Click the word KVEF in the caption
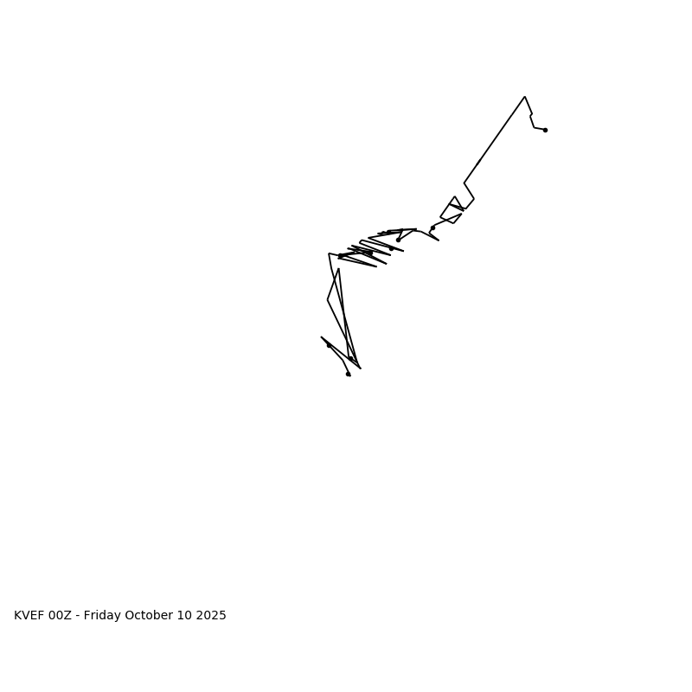coord(29,616)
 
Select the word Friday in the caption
coord(103,616)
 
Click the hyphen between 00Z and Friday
coord(78,616)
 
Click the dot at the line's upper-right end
coord(545,130)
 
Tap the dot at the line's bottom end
coord(348,374)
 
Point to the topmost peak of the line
coord(524,97)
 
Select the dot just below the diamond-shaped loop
coord(432,227)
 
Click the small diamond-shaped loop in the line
coord(452,210)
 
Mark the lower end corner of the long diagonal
coord(465,183)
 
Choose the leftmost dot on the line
coord(329,345)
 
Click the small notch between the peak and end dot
coord(531,115)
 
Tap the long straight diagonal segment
coord(495,138)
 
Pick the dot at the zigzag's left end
coord(340,256)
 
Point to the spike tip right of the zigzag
coord(439,240)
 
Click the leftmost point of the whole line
coord(322,337)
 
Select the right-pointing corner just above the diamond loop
coord(474,199)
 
